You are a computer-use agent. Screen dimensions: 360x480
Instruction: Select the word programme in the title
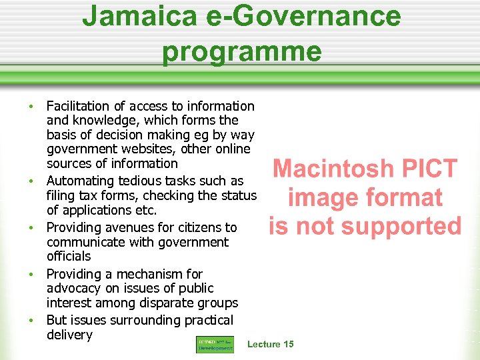coord(241,51)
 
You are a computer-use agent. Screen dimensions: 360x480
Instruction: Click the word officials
coord(69,256)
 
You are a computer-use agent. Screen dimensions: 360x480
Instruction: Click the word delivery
coord(69,335)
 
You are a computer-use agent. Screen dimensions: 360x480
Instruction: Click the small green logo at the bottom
coord(215,344)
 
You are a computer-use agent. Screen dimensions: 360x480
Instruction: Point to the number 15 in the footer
coord(287,344)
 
